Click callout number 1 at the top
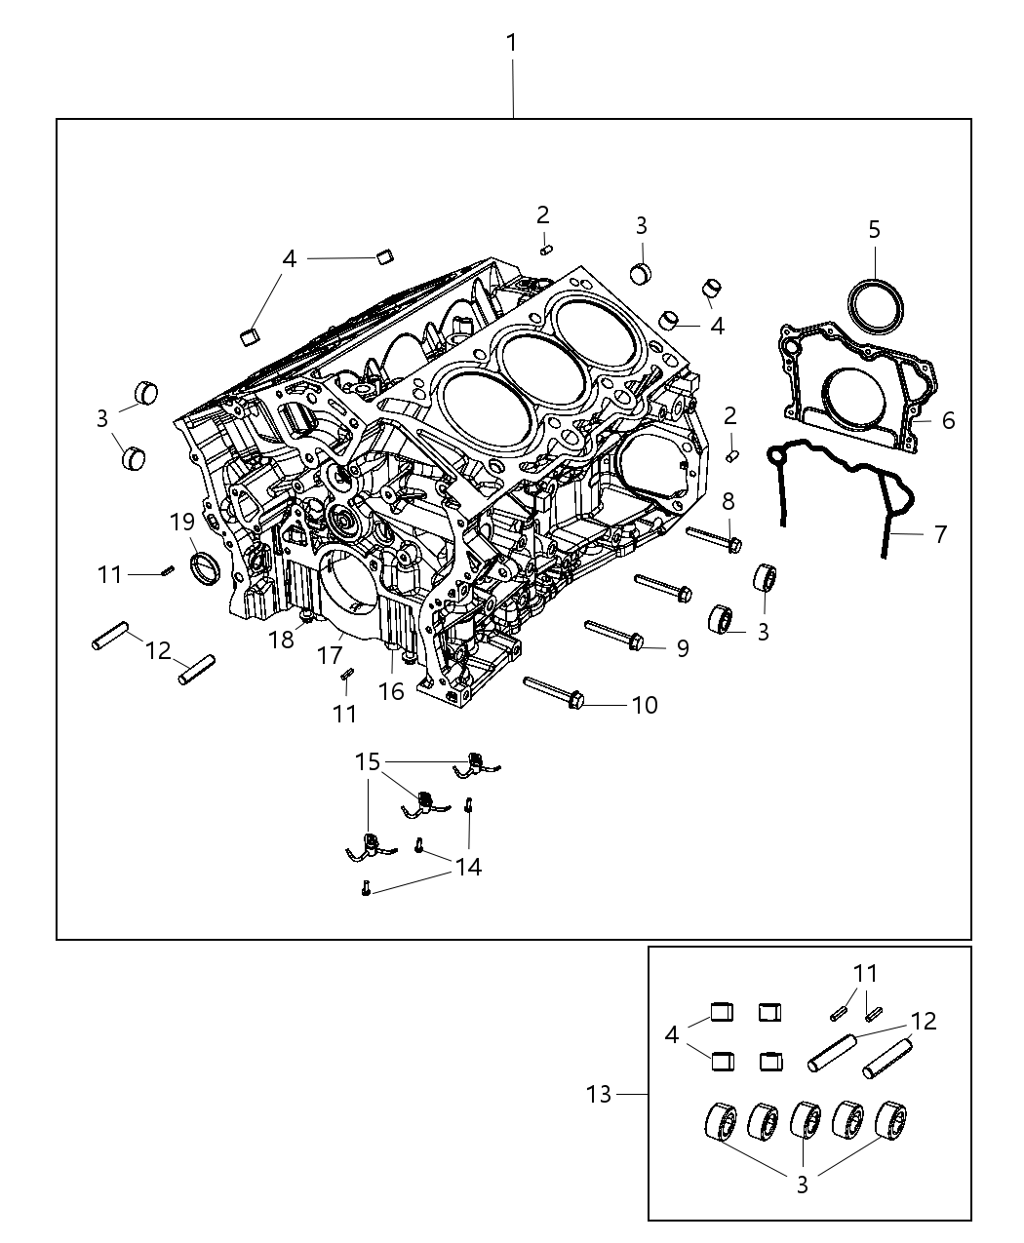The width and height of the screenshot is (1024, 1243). (x=511, y=43)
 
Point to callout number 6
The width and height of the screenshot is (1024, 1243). (x=948, y=420)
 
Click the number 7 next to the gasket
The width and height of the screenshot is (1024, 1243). (x=940, y=534)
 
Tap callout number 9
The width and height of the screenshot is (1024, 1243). (x=682, y=648)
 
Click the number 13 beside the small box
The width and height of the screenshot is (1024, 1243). (x=599, y=1094)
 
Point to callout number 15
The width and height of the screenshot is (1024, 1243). (x=368, y=761)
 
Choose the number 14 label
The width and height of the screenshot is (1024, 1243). (x=468, y=866)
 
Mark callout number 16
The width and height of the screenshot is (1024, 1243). (x=390, y=691)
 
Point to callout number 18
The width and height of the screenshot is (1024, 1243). (x=281, y=641)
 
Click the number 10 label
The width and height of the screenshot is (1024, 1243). (x=645, y=705)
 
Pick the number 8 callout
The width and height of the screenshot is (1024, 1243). (x=728, y=502)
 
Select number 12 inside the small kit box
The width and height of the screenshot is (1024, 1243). (x=923, y=1021)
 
